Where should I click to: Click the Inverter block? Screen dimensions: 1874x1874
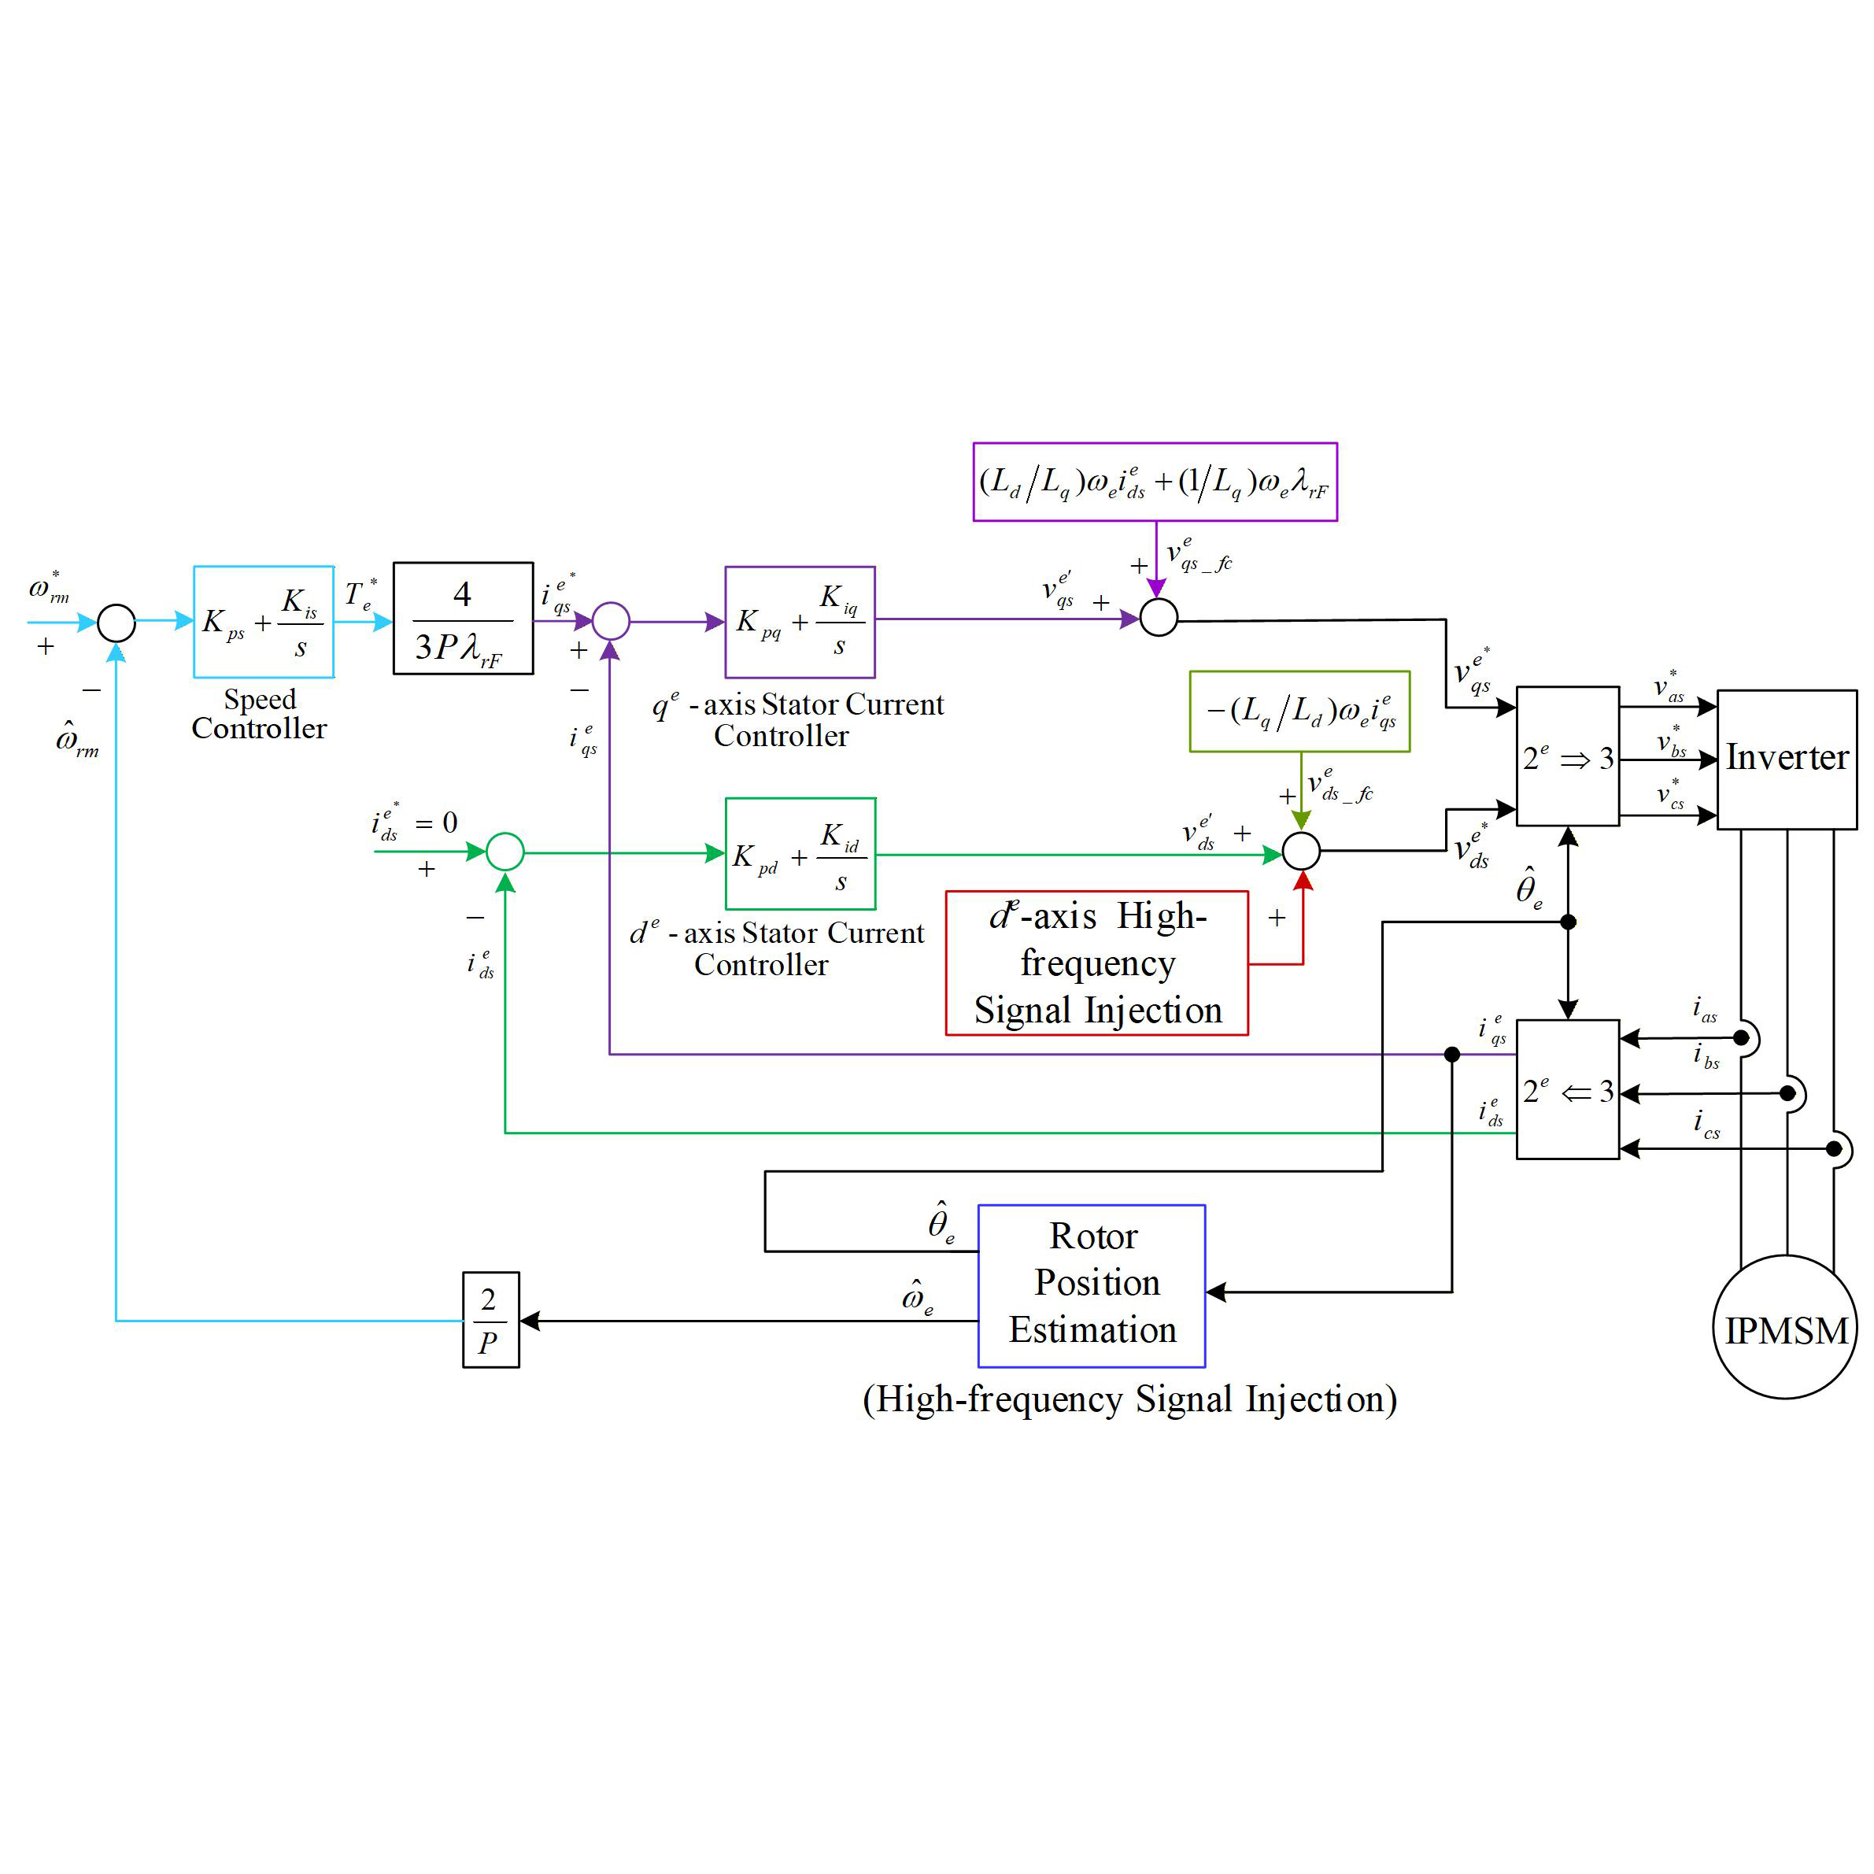1786,759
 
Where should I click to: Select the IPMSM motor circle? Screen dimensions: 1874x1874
1785,1327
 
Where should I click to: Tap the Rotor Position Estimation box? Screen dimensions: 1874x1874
1091,1285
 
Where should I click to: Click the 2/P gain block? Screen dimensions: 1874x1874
491,1319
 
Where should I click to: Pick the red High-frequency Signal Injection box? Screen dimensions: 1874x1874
1096,963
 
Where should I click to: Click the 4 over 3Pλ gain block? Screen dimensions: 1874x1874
463,618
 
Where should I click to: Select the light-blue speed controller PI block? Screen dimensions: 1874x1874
263,622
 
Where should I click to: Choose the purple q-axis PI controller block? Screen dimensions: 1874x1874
799,622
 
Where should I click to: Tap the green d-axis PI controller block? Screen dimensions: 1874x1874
800,854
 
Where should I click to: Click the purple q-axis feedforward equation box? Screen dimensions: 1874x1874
1155,482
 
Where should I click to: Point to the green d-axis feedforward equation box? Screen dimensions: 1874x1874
1299,711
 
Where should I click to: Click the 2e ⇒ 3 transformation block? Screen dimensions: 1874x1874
1566,756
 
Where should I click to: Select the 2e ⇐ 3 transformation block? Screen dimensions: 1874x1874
1566,1089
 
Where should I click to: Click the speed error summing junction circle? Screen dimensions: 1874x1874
116,623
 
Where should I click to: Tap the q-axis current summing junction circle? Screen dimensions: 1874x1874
611,621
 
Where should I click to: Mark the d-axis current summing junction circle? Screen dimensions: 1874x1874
505,852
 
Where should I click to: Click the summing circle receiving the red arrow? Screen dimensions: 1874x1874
1301,851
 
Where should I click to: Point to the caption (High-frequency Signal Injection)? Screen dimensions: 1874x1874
1129,1399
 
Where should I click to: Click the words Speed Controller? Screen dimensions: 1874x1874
259,714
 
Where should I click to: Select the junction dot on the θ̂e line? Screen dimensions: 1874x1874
1568,922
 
